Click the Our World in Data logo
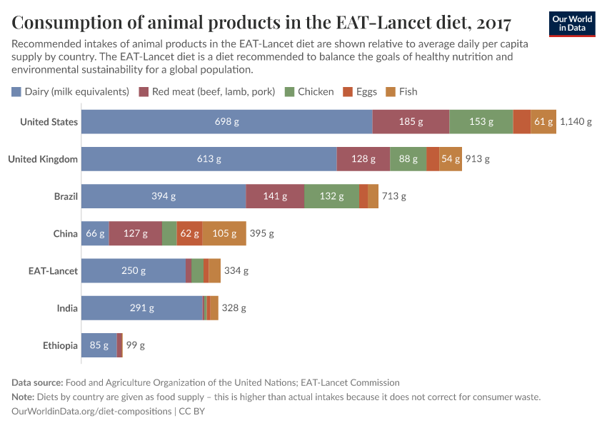point(571,24)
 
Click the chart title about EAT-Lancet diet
point(261,23)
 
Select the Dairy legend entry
point(70,91)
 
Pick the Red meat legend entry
point(206,91)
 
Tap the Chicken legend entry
point(309,91)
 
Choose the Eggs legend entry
point(360,91)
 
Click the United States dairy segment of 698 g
point(226,122)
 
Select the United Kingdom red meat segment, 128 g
point(363,159)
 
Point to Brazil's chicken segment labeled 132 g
point(331,196)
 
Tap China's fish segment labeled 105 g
point(224,233)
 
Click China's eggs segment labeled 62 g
point(189,233)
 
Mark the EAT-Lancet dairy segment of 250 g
point(133,270)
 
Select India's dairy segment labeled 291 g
point(142,307)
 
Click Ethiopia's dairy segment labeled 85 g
point(99,345)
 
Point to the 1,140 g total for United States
point(576,122)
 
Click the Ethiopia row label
point(60,345)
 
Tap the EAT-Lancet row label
point(53,270)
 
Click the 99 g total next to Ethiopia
point(136,345)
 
